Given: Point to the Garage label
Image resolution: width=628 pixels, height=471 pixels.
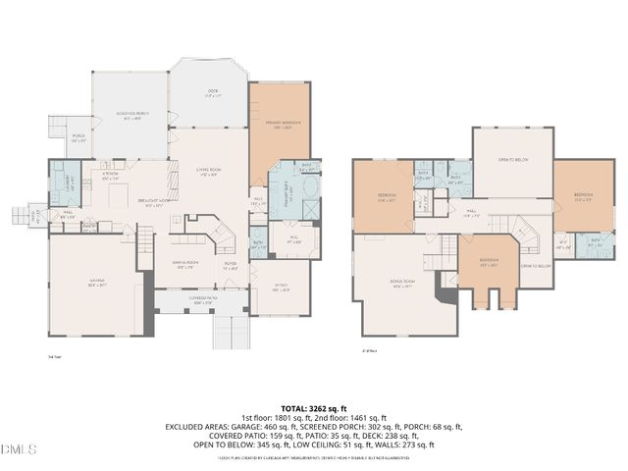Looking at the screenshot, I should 97,283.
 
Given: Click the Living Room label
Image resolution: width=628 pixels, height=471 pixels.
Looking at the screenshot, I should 208,172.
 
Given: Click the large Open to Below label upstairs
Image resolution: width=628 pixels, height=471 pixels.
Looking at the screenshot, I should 512,159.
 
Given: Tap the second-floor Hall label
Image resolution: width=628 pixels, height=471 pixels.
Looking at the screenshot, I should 471,212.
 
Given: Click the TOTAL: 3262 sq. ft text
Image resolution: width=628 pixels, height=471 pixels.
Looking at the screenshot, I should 314,408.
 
